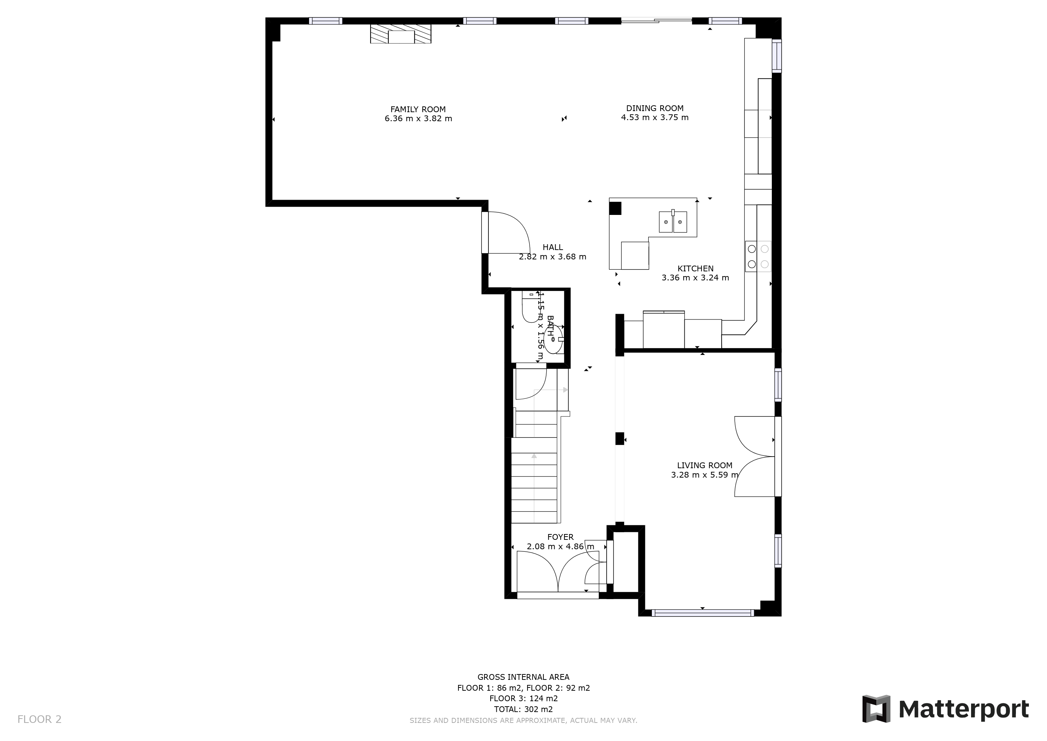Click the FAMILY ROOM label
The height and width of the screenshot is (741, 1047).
[x=418, y=110]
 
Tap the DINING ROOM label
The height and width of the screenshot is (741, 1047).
[x=655, y=109]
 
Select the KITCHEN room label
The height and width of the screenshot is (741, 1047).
[x=696, y=269]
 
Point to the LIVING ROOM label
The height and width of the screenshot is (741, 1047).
[x=705, y=465]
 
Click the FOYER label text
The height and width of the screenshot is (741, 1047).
[x=560, y=537]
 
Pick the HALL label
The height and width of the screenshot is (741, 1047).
[x=553, y=247]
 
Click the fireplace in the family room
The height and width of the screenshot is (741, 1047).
[x=400, y=34]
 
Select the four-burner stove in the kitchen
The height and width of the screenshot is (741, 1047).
[x=758, y=257]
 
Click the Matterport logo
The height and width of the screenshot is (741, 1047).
[x=945, y=708]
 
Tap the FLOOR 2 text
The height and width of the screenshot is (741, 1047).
[x=39, y=720]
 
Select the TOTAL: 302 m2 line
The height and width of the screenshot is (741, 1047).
[x=523, y=710]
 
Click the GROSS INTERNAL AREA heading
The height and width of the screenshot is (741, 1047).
[x=523, y=677]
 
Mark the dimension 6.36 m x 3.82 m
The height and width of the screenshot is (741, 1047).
[x=418, y=119]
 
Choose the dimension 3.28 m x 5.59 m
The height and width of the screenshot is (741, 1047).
[x=705, y=475]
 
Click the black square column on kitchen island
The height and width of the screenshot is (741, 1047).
[x=615, y=208]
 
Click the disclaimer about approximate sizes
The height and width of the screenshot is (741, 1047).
[x=523, y=720]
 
